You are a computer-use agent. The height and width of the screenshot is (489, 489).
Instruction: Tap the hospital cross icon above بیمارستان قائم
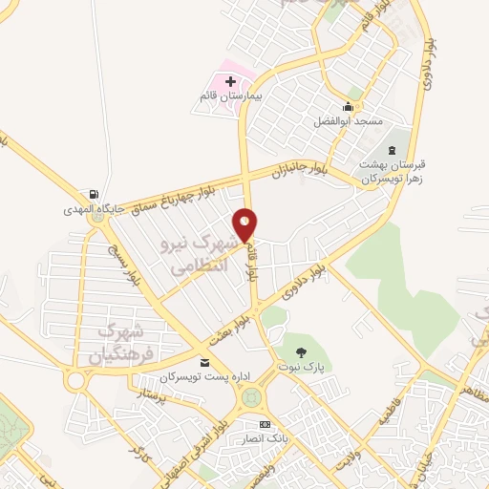230,82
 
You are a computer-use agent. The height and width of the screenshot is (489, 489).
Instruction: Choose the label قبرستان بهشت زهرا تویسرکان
390,172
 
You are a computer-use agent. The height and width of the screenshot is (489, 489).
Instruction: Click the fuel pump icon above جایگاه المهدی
93,193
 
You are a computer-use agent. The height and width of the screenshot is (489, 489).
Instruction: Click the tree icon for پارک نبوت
302,352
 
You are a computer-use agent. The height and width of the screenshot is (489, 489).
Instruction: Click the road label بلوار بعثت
229,330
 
